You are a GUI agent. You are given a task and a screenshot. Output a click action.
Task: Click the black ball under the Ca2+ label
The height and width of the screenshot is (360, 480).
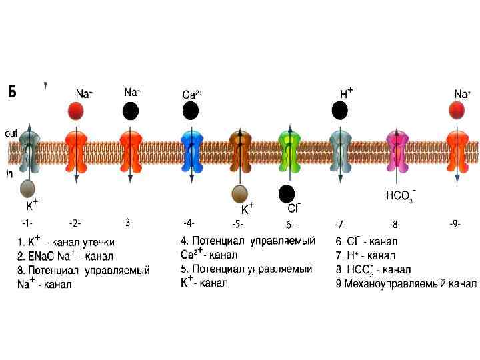[191, 111]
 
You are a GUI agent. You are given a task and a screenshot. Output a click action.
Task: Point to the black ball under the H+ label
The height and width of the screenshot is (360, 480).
[340, 111]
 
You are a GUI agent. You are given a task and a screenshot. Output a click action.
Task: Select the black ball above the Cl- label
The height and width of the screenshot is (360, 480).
[287, 193]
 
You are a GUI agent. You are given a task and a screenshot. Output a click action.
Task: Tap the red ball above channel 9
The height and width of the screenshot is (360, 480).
[457, 110]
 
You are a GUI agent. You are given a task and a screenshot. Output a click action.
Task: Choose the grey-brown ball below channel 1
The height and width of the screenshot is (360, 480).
[28, 188]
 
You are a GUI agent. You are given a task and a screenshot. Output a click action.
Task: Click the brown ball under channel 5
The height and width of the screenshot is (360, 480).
[239, 194]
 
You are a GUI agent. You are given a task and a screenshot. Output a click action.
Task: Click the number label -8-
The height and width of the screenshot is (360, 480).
[395, 225]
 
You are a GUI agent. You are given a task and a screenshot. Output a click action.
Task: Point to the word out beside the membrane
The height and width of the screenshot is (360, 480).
[11, 133]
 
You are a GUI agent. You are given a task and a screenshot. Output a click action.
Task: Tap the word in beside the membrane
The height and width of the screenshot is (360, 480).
[9, 175]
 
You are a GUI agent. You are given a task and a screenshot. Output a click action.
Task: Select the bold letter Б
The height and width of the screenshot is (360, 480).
[13, 91]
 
